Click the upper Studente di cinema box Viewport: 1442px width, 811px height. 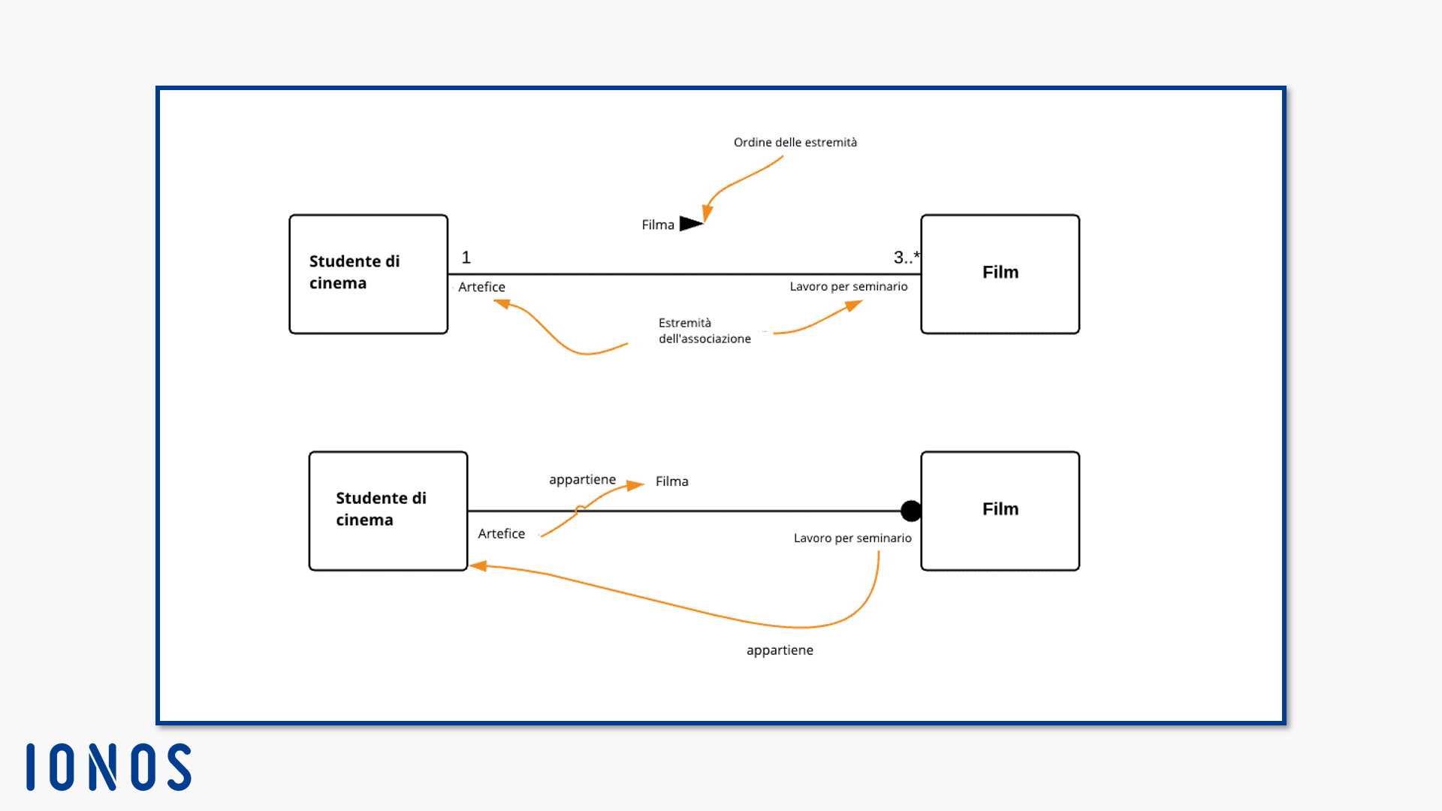[369, 274]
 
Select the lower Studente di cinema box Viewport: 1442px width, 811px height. [388, 511]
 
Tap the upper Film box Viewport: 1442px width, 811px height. [1000, 274]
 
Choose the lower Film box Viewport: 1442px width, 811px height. [1000, 511]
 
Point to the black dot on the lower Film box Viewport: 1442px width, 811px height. [911, 511]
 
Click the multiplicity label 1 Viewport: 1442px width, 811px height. [466, 258]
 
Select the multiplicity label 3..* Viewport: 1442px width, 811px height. [907, 258]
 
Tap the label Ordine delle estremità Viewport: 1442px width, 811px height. [795, 143]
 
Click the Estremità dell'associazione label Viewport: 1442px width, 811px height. [704, 330]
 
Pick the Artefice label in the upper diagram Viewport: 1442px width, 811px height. [481, 287]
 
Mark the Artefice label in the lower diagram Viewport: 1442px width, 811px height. [502, 533]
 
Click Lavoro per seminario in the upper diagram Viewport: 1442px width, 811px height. [849, 286]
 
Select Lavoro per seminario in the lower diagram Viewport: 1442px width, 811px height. [852, 538]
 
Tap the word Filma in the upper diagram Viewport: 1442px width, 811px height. [658, 225]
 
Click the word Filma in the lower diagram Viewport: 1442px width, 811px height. [672, 481]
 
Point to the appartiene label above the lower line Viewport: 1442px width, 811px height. [582, 480]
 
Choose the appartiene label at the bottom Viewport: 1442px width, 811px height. [780, 650]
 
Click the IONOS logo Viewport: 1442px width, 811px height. [109, 767]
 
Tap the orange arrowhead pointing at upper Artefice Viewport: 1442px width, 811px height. [502, 303]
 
